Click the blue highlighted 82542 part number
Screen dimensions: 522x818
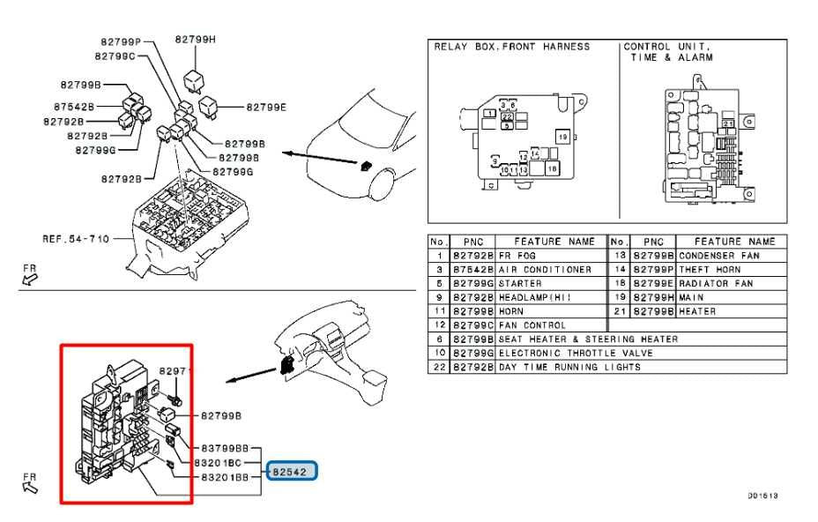(292, 472)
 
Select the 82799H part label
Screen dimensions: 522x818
(195, 39)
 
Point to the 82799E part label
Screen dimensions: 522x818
(266, 107)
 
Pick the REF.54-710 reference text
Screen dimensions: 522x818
(76, 239)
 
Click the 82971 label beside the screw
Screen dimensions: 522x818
(175, 372)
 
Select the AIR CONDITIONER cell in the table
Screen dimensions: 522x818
(546, 269)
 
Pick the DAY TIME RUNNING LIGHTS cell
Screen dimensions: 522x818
(569, 367)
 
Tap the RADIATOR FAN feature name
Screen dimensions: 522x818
(716, 283)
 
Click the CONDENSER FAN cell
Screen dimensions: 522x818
(719, 255)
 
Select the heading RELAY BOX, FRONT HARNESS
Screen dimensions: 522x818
(511, 47)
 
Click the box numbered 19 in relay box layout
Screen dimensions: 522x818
(561, 137)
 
